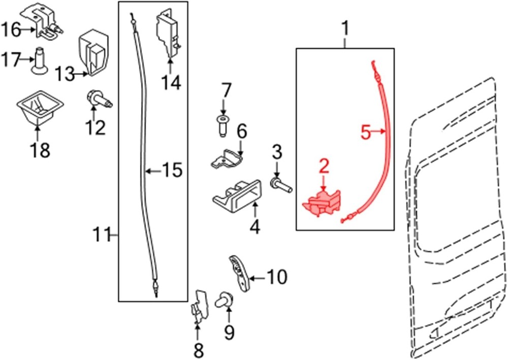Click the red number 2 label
pyautogui.click(x=324, y=166)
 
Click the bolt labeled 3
pyautogui.click(x=281, y=186)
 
